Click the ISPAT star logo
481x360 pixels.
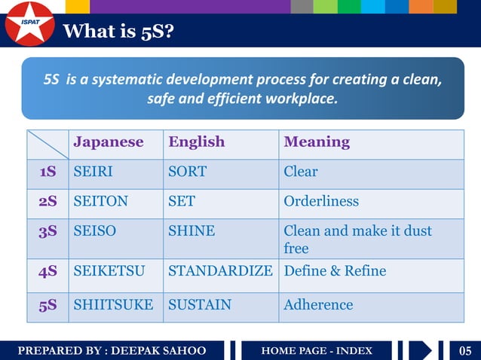pos(29,23)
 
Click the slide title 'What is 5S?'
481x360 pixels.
pos(119,32)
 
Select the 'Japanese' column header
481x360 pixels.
pos(108,142)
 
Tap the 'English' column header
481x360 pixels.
pos(196,142)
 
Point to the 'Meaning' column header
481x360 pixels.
pos(317,142)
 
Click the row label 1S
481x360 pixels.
pos(48,172)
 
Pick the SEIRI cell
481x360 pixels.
pos(93,172)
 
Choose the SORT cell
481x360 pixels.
pos(187,172)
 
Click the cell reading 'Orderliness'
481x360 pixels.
pos(321,201)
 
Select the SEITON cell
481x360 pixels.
pos(100,201)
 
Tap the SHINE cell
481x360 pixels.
pos(191,231)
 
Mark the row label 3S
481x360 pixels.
pos(48,231)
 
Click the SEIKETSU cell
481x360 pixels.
pos(109,271)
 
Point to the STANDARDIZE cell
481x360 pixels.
pos(220,271)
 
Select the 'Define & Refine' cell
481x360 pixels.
pos(335,271)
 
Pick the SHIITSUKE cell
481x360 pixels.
pos(113,305)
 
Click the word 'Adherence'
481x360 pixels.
pos(318,305)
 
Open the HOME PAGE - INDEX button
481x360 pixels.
pos(317,351)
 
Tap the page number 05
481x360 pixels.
pos(465,351)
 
